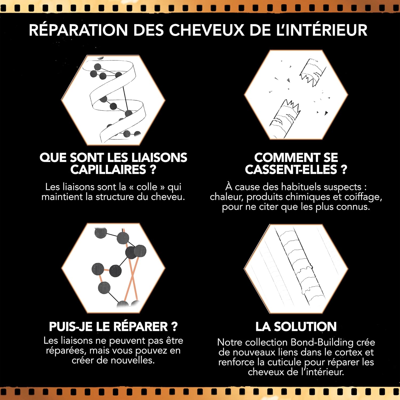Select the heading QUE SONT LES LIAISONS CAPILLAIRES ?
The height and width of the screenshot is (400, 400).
click(x=113, y=163)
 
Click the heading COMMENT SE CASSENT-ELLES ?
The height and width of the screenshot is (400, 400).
click(x=296, y=163)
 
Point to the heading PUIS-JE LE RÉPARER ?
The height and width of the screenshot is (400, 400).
click(x=113, y=326)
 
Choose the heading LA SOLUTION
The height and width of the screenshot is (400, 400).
click(x=296, y=326)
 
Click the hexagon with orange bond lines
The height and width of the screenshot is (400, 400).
click(x=113, y=268)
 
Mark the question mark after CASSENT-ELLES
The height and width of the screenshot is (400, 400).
click(x=344, y=169)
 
